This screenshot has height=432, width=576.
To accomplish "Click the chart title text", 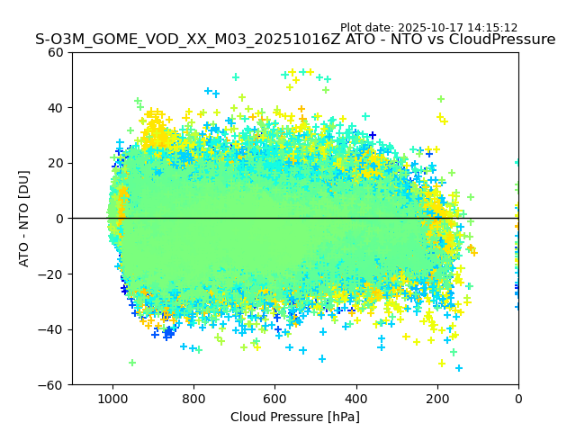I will point(295,40).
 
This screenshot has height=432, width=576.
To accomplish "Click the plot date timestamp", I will point(428,28).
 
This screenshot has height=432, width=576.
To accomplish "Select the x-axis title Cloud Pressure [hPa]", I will point(295,417).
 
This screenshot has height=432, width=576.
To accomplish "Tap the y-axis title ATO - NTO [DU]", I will point(24,218).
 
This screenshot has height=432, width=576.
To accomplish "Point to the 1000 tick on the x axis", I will point(112,398).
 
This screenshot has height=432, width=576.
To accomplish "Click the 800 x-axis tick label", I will point(193,398).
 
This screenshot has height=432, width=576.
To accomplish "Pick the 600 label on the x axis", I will point(274,398).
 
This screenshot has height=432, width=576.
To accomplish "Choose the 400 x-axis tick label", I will point(355,398).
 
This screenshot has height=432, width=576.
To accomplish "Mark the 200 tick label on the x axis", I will point(436,398).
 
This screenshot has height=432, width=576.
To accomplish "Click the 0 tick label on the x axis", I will point(518,398).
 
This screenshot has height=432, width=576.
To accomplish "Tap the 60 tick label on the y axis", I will point(56,52).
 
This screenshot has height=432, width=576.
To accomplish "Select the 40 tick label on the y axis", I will point(56,108).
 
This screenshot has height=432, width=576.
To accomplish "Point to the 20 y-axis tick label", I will point(56,163).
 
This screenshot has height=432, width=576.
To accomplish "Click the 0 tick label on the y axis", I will point(59,219).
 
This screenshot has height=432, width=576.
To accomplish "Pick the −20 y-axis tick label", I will point(52,274).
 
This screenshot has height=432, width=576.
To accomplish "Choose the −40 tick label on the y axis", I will point(52,329).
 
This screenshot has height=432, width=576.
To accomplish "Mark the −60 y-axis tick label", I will point(52,385).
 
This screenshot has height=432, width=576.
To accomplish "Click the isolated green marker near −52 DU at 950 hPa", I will point(132,363).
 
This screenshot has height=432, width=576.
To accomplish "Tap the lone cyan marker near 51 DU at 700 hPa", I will point(236,77).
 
